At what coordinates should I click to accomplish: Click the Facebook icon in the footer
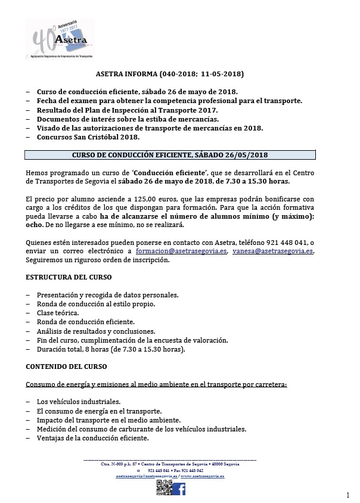[x=179, y=489]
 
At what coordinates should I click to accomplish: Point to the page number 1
[x=347, y=495]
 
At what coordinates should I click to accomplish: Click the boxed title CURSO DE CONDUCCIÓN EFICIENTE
[x=170, y=155]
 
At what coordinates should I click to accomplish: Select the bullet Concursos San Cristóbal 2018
[x=88, y=138]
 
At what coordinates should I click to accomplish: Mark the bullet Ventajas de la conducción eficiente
[x=92, y=438]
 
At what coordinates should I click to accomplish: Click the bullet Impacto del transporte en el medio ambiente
[x=98, y=420]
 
